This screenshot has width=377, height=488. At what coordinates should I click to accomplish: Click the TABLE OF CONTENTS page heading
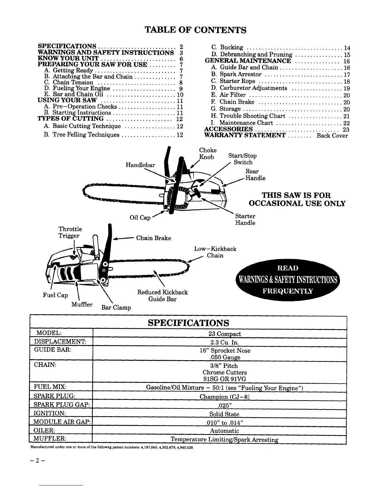196,30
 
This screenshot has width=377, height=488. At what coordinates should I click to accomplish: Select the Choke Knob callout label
208,153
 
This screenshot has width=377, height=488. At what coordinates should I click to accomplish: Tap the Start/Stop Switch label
242,159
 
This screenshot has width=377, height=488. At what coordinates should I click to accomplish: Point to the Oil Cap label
140,218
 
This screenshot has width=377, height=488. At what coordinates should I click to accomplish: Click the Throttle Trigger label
70,232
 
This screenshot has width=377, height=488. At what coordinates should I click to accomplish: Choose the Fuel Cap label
55,295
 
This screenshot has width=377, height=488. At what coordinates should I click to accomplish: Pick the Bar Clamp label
116,307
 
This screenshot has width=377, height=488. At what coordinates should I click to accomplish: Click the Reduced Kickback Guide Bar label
162,296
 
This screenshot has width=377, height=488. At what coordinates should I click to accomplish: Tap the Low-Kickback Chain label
215,252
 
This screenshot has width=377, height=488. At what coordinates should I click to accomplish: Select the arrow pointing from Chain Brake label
123,238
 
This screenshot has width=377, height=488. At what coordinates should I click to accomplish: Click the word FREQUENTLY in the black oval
287,291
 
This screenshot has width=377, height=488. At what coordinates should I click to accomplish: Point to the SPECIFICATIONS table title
188,323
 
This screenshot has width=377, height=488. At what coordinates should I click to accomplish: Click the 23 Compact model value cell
225,334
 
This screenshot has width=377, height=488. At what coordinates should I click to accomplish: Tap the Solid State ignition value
224,414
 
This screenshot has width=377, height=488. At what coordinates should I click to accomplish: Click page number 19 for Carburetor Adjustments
347,88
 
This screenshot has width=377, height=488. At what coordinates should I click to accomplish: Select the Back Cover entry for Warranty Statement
332,136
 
